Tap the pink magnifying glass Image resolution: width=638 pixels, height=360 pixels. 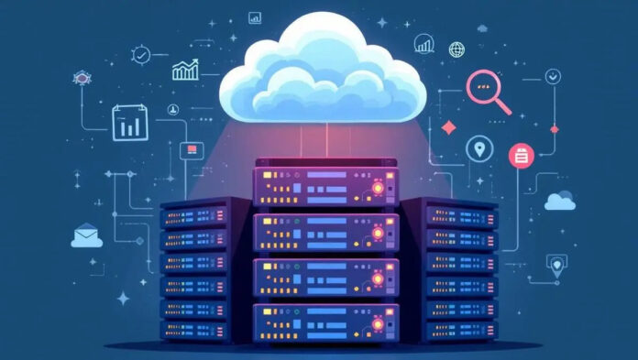[x=487, y=89]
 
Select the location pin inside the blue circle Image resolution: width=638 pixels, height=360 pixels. [x=478, y=148]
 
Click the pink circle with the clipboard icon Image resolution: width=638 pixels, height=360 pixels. [x=521, y=156]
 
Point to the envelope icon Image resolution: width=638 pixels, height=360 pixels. [x=86, y=235]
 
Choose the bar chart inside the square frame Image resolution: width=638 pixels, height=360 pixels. [x=130, y=123]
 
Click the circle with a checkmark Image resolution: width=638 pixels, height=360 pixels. [x=140, y=55]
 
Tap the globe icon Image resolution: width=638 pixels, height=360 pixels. [x=456, y=49]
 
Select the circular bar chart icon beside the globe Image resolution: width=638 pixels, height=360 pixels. [x=424, y=43]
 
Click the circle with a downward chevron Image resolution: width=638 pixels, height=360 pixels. [x=552, y=76]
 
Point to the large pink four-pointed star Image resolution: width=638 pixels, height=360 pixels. [x=449, y=126]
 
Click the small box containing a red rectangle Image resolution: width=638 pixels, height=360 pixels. [x=192, y=149]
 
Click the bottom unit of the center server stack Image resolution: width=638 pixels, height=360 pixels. [x=326, y=318]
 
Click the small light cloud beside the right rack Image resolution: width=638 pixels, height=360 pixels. [x=559, y=201]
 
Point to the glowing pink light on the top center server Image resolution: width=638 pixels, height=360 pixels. [x=375, y=190]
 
